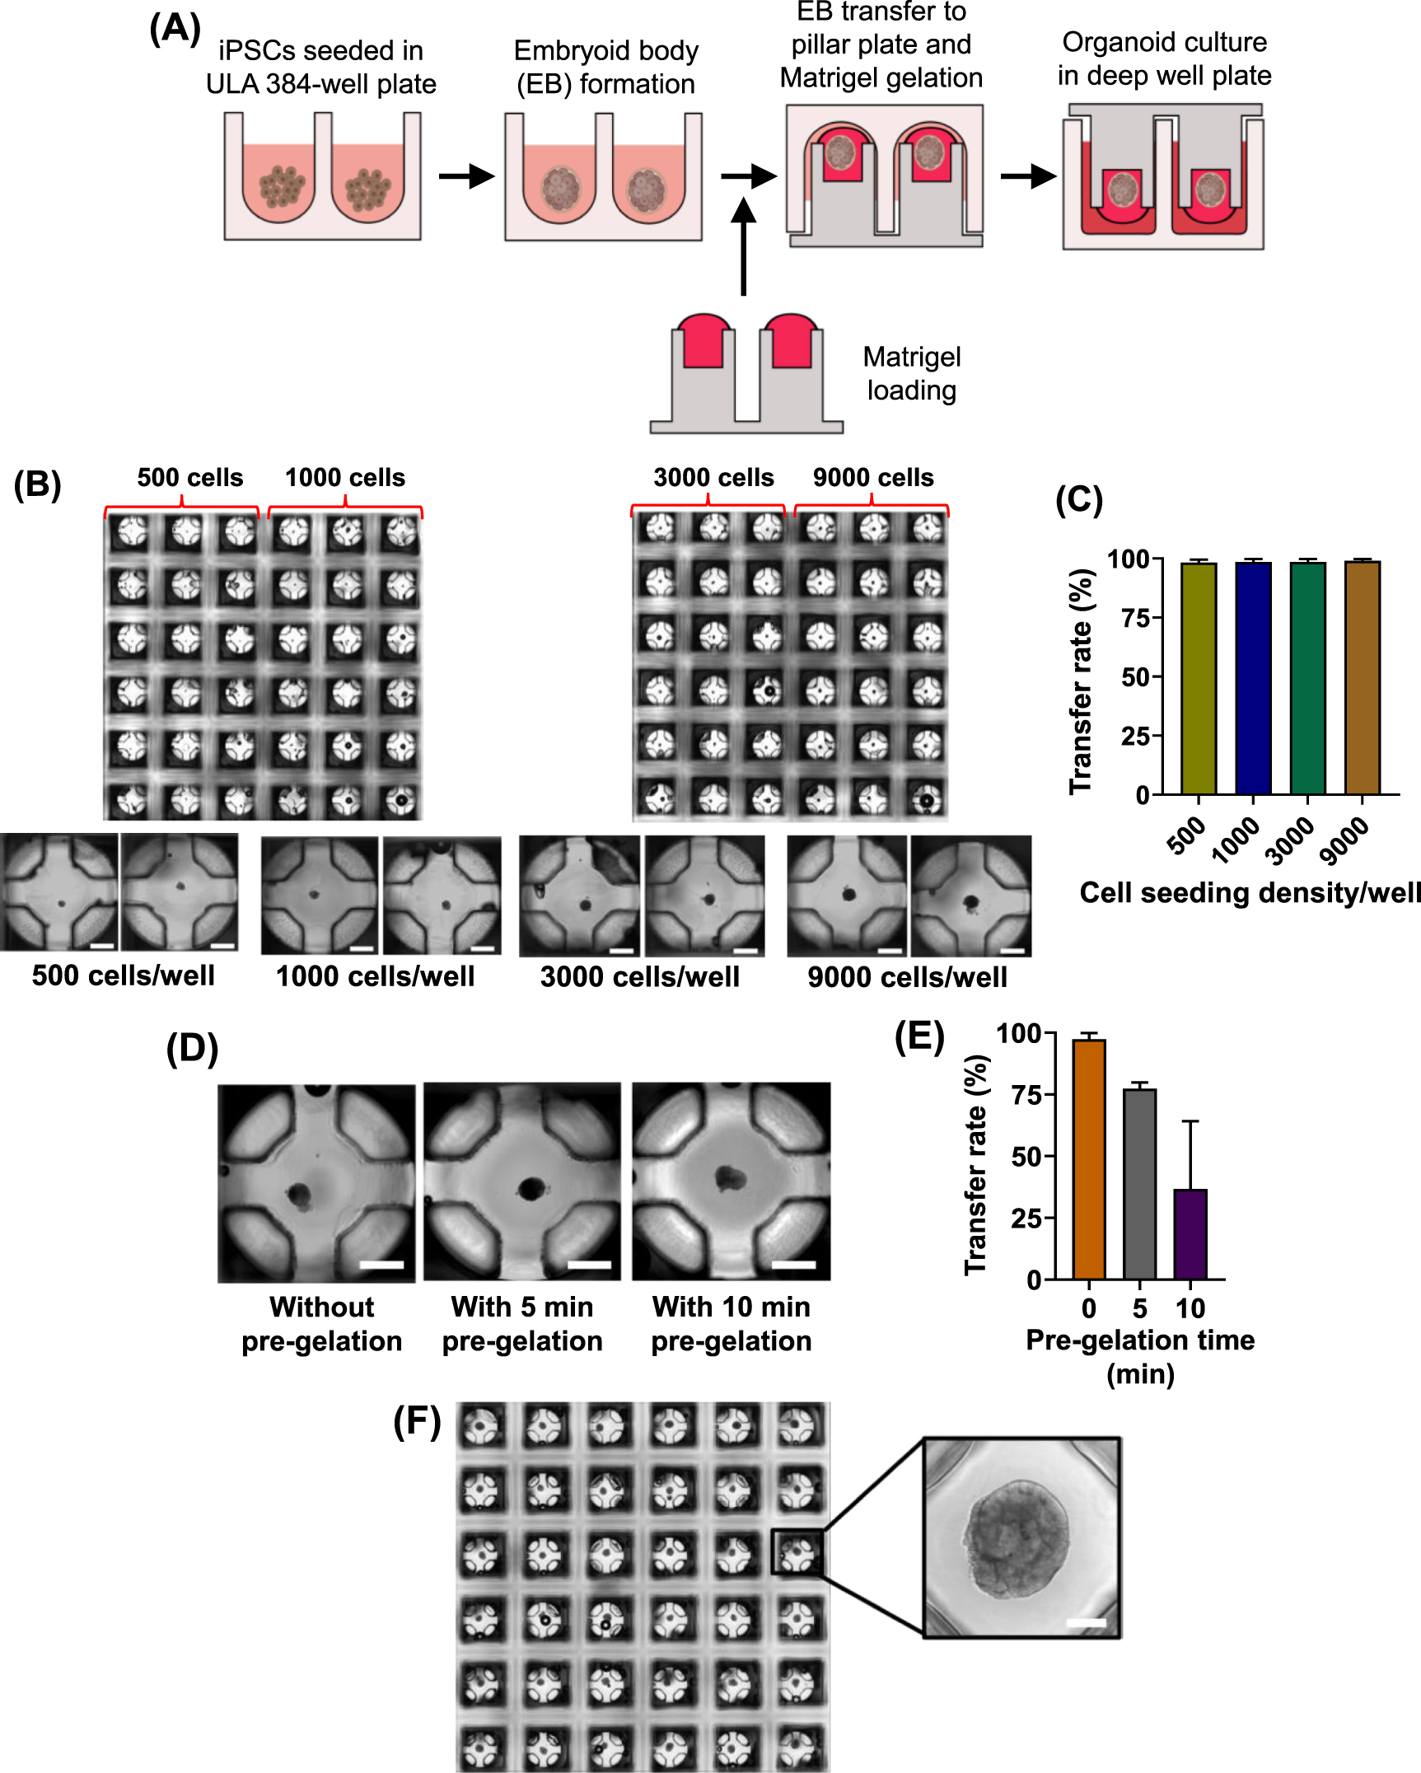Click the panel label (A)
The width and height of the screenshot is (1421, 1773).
point(175,30)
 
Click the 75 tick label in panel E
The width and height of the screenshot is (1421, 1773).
point(1026,1096)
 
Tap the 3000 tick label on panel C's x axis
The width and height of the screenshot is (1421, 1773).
point(1290,841)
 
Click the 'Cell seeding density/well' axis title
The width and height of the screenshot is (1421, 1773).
point(1250,893)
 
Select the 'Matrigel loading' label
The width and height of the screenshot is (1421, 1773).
point(912,373)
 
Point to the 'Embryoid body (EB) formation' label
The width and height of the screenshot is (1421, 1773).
point(605,68)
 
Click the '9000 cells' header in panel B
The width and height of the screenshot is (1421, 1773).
point(873,478)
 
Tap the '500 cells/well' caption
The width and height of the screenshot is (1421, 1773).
point(124,975)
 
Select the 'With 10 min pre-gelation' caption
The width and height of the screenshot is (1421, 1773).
point(732,1324)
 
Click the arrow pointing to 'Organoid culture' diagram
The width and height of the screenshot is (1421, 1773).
point(1028,175)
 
